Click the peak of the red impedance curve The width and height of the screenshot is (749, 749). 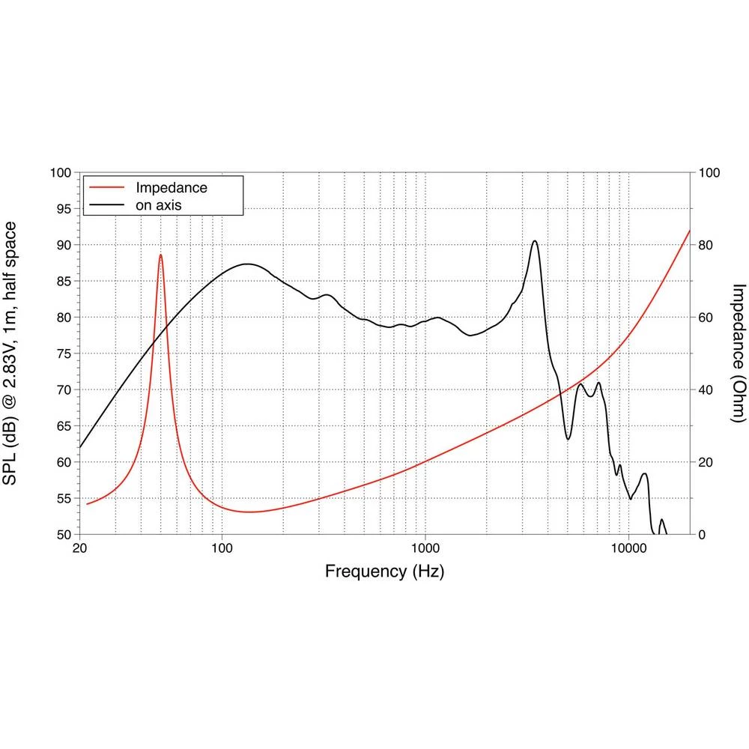click(x=160, y=255)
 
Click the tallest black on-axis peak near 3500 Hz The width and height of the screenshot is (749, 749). click(x=534, y=241)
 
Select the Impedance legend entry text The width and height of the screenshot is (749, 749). click(x=171, y=187)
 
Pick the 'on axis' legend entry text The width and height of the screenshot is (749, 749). click(x=159, y=204)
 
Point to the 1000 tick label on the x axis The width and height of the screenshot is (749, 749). click(x=425, y=549)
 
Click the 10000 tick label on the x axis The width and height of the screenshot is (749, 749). click(x=628, y=549)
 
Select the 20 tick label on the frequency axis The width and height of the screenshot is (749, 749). click(x=79, y=549)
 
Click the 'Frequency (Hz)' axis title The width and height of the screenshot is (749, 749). click(x=384, y=572)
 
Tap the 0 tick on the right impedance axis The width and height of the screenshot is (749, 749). click(x=703, y=535)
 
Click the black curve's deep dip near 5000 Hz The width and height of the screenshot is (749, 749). click(x=568, y=438)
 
